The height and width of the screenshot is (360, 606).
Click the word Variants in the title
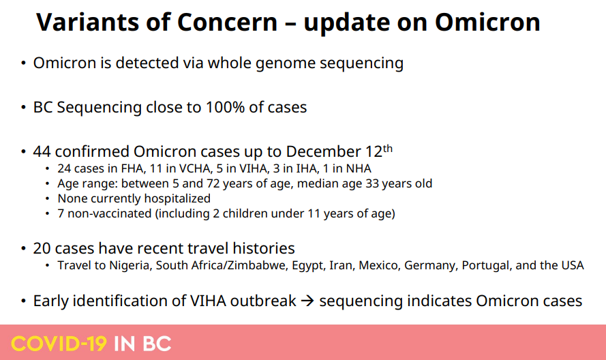[87, 22]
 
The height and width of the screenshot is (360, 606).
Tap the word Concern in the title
[227, 22]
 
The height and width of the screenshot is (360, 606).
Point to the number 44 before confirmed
[42, 151]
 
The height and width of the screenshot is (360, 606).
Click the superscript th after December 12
[388, 148]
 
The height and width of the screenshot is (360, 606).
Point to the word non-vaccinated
[109, 213]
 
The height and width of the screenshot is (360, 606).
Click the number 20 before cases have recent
[42, 248]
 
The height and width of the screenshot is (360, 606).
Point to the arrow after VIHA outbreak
[307, 301]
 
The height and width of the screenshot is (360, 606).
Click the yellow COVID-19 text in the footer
[59, 344]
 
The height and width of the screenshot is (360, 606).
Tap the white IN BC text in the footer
[142, 344]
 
